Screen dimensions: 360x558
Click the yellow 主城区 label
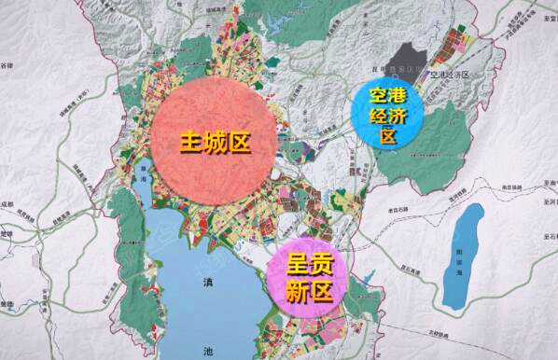[x=216, y=144]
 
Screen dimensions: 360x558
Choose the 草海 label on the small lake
[x=144, y=174]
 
